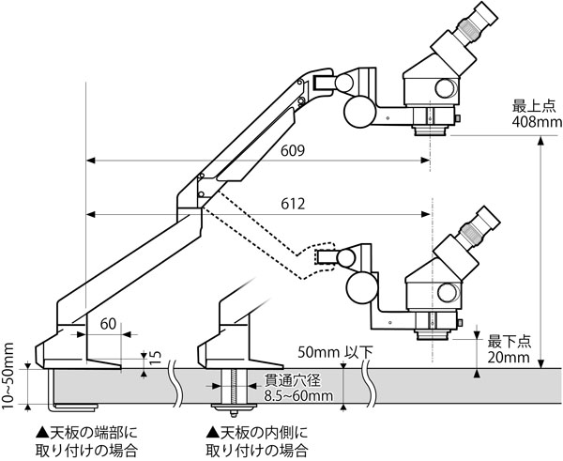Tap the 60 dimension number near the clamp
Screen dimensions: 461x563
coord(110,324)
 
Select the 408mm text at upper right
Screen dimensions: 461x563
coord(536,122)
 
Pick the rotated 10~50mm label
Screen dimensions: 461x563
coord(9,375)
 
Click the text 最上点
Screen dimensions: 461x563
coord(535,106)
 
